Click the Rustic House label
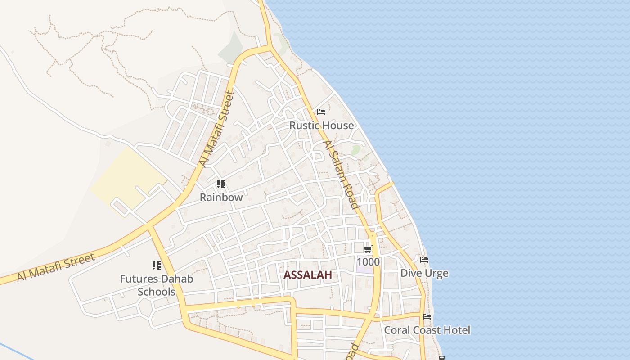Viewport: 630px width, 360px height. [x=321, y=126]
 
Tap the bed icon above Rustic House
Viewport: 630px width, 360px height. [x=321, y=112]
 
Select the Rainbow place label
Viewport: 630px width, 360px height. [x=221, y=197]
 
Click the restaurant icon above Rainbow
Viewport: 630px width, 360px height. [x=220, y=184]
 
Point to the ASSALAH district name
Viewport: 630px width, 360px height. [x=308, y=275]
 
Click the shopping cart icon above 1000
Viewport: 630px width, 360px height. [x=368, y=249]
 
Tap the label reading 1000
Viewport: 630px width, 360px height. [x=368, y=262]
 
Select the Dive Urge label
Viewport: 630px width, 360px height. [x=424, y=273]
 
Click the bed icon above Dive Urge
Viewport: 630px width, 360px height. [x=424, y=260]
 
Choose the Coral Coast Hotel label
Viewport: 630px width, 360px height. [x=427, y=330]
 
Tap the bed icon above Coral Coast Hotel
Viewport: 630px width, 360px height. [x=427, y=317]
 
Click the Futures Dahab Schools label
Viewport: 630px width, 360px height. [x=157, y=285]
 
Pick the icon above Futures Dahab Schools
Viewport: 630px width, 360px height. [x=157, y=265]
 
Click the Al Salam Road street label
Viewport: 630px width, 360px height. [x=341, y=175]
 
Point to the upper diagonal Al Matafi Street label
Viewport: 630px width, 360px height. [x=217, y=129]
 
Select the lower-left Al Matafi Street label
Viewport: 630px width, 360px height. [x=56, y=267]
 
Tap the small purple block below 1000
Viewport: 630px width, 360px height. [x=365, y=270]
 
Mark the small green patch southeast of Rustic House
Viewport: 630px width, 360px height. [x=356, y=150]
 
